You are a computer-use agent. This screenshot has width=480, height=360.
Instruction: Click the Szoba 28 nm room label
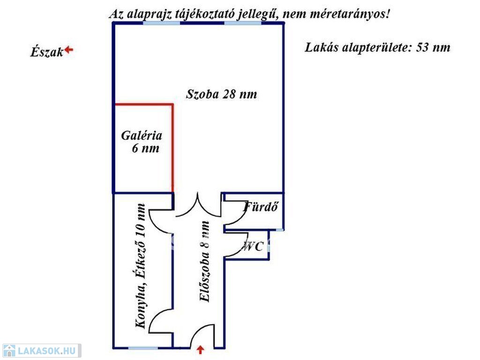[222, 94]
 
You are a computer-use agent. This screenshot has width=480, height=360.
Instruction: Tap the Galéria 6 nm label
[142, 142]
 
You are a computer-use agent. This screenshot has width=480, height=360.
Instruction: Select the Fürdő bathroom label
[261, 207]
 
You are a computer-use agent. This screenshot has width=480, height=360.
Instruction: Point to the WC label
[253, 246]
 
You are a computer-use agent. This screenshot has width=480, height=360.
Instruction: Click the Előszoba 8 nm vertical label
[204, 262]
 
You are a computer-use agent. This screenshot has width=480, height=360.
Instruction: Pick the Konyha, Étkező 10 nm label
[141, 266]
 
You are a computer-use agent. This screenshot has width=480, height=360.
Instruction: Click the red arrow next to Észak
[69, 50]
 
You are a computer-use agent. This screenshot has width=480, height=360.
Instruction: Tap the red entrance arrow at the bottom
[200, 350]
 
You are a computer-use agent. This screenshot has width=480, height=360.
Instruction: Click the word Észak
[47, 52]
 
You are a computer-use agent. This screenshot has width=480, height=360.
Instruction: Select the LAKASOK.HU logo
[42, 351]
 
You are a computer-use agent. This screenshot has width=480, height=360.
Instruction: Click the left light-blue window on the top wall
[162, 23]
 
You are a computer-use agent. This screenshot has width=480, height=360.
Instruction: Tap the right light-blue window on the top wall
[243, 23]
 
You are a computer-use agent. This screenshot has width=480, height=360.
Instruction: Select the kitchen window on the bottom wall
[143, 348]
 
